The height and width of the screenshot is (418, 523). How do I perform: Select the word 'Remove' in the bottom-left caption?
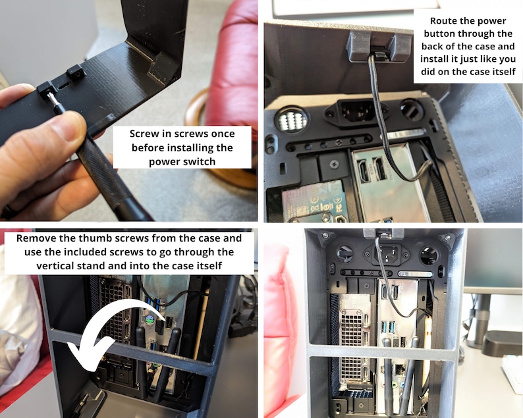[x=38, y=238]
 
